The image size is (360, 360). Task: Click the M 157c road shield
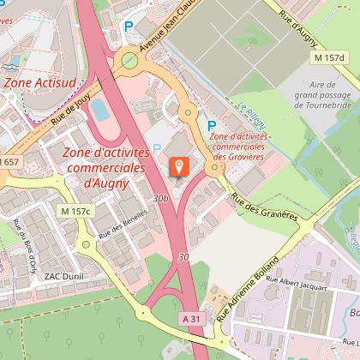pyautogui.click(x=76, y=211)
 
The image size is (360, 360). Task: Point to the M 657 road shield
pyautogui.click(x=8, y=162)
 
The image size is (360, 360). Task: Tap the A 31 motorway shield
pyautogui.click(x=194, y=319)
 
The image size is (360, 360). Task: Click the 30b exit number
pyautogui.click(x=160, y=197)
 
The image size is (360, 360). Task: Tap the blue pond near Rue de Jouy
pyautogui.click(x=99, y=110)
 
